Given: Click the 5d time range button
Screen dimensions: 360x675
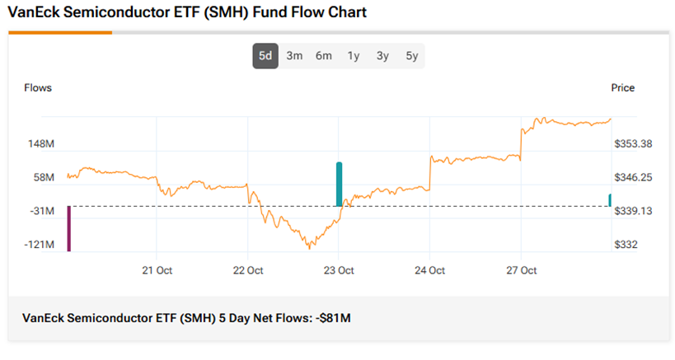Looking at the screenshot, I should tap(265, 56).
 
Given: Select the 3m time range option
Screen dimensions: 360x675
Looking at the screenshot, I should tap(294, 56).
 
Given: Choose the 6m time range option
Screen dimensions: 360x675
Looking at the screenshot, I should tap(323, 56).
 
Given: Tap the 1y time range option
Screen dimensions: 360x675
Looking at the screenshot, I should tap(353, 56).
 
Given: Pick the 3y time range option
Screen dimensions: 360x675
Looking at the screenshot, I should tap(382, 56).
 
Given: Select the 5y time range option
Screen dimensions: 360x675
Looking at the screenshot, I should tap(411, 56).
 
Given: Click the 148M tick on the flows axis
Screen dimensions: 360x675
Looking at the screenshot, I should tap(41, 144).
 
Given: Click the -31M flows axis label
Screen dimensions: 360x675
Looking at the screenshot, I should tap(42, 212).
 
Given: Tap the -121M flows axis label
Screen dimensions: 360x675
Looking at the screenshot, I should tap(40, 245).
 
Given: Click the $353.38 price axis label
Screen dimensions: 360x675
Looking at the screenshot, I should tap(633, 144).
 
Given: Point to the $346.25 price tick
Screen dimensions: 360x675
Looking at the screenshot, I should tap(633, 178).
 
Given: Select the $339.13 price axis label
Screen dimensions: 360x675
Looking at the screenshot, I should tap(633, 212).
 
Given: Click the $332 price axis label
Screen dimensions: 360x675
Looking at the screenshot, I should tap(626, 245).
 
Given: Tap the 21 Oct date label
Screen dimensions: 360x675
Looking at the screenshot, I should tap(157, 270).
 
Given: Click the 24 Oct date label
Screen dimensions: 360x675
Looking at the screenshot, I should tap(429, 270).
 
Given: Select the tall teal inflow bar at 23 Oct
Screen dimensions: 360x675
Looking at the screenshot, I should tap(339, 184).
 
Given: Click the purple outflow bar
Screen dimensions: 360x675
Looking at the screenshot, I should tap(69, 228).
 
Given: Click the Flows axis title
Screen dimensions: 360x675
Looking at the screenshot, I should tap(38, 88).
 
